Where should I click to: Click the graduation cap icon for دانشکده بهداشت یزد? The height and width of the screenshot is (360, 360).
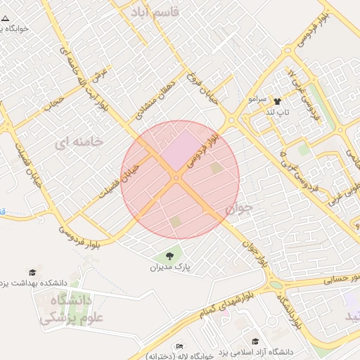click(32, 272)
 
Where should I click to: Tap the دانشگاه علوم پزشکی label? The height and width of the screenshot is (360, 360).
click(65, 309)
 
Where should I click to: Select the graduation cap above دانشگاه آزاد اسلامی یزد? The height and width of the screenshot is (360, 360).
click(254, 340)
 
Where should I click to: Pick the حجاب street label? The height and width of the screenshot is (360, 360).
click(53, 104)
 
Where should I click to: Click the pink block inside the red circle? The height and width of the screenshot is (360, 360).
click(181, 146)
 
